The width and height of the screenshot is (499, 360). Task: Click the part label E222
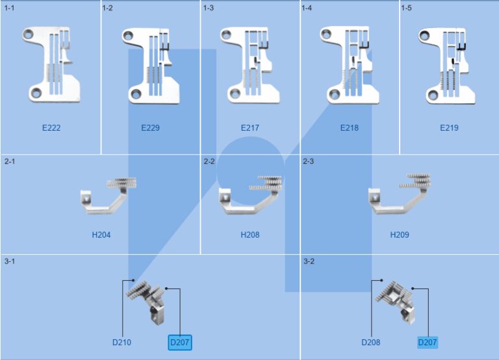[51, 128]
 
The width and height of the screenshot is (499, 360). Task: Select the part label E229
[150, 128]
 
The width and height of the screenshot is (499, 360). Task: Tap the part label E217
[249, 128]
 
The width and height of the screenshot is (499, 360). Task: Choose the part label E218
[349, 128]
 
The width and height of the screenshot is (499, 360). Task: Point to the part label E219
[449, 128]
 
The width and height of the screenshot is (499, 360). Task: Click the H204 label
[101, 235]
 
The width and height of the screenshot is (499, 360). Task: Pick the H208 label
[249, 235]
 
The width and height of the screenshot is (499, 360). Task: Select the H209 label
[400, 235]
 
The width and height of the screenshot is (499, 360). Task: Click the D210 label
[122, 342]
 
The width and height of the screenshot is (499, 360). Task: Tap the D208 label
[371, 342]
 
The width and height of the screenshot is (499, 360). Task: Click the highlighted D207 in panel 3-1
[180, 342]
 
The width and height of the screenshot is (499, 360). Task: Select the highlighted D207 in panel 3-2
[428, 342]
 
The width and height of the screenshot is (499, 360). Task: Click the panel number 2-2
[209, 161]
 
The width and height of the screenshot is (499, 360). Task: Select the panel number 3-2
[309, 261]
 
